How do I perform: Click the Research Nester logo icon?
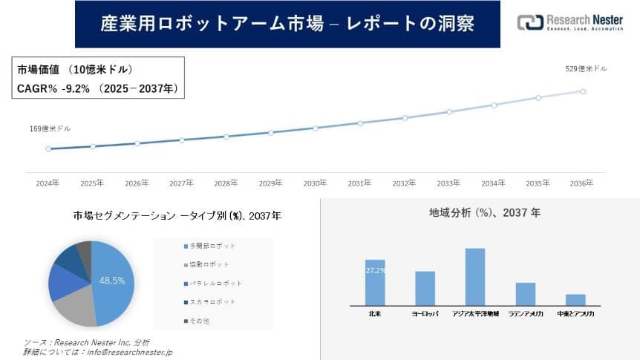coord(529,22)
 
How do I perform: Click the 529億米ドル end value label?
coord(586,69)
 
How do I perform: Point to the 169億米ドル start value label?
coord(50,128)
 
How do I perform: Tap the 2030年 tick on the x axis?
coord(315,183)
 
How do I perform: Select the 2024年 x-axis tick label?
coord(48,183)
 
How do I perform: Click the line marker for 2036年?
coord(583,91)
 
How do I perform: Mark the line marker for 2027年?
coord(182,140)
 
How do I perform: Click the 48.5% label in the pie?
coord(111,281)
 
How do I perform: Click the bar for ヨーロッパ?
coord(425,288)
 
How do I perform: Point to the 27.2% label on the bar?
coord(375,271)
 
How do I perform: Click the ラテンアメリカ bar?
coord(526,293)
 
